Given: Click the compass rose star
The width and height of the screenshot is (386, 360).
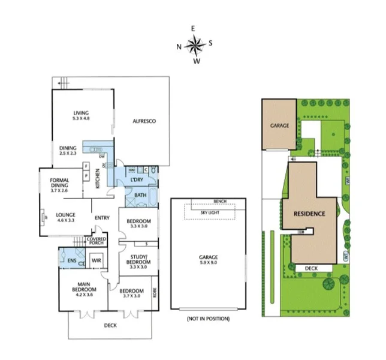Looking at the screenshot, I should pyautogui.click(x=194, y=44).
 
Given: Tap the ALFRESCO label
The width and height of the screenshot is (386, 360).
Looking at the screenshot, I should pyautogui.click(x=144, y=121).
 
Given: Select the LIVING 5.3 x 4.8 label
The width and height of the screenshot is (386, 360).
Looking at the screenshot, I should pyautogui.click(x=81, y=116).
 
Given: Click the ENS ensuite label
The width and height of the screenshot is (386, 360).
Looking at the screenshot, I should pyautogui.click(x=71, y=260).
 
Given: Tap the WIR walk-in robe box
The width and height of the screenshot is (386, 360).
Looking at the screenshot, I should pyautogui.click(x=94, y=260).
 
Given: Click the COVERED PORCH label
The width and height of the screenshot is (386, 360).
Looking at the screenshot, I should pyautogui.click(x=96, y=242).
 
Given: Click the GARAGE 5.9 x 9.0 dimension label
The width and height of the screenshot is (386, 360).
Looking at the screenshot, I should pyautogui.click(x=209, y=260).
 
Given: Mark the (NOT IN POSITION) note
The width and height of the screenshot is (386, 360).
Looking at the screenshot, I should pyautogui.click(x=208, y=319).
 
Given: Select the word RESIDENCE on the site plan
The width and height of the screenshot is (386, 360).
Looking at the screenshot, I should pyautogui.click(x=309, y=214).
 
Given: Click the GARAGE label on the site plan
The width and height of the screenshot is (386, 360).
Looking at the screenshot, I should pyautogui.click(x=279, y=126).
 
